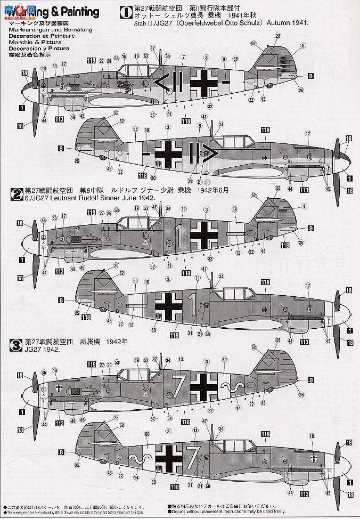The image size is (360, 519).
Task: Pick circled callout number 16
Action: [x=124, y=56]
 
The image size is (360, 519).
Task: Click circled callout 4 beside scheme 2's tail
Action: [x=304, y=206]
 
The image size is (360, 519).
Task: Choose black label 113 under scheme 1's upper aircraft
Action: [x=59, y=119]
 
